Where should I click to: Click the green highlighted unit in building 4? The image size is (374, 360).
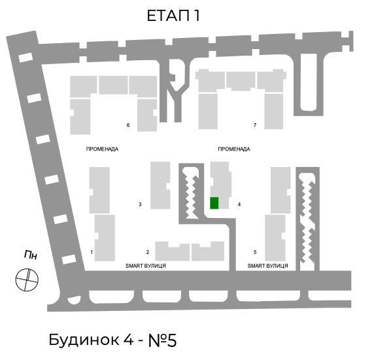click(214, 203)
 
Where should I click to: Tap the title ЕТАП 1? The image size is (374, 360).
click(173, 16)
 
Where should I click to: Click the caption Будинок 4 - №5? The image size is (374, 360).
click(112, 340)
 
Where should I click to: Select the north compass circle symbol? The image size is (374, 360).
click(27, 279)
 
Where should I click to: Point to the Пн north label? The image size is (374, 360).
click(31, 255)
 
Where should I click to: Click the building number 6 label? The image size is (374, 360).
click(128, 125)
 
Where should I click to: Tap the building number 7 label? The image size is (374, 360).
click(255, 125)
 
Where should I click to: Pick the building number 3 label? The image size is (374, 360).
click(140, 204)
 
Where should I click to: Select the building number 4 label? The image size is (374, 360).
click(239, 204)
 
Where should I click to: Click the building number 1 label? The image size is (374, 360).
click(92, 252)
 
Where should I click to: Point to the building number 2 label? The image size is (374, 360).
click(148, 252)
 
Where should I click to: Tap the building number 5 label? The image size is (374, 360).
click(255, 252)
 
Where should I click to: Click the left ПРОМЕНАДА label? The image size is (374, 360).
click(102, 149)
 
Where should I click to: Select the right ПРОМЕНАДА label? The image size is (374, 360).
click(234, 149)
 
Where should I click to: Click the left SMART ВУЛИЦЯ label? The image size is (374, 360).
click(146, 266)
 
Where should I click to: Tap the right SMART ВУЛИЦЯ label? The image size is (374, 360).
click(267, 266)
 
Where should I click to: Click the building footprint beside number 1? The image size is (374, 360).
click(105, 238)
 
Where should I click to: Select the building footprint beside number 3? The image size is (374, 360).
click(160, 185)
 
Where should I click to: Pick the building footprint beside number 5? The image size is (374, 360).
click(275, 238)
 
